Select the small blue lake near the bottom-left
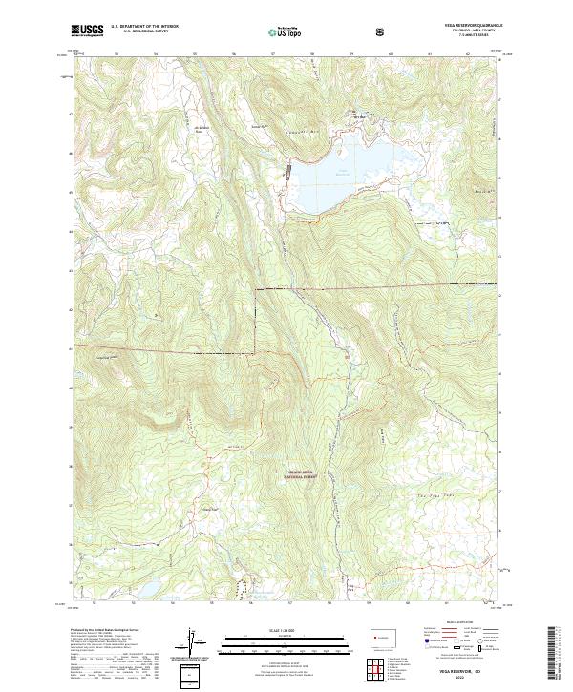150,586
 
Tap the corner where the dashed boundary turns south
255,286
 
